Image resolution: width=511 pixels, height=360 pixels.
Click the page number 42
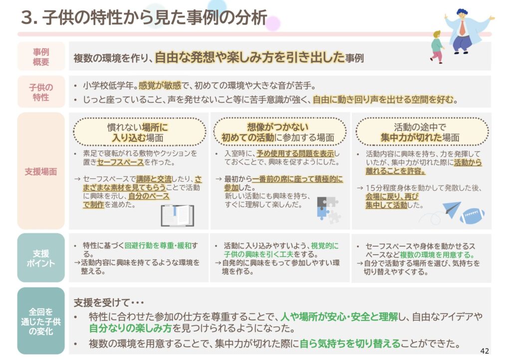coord(484,351)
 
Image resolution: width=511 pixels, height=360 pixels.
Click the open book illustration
coord(178,215)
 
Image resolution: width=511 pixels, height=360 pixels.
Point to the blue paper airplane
coord(452,209)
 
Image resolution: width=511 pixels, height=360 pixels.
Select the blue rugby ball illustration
coord(472,216)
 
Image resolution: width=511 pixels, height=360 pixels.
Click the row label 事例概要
coord(41,57)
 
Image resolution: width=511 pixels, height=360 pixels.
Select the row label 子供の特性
coord(41,92)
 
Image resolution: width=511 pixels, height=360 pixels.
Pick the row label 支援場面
coord(41,172)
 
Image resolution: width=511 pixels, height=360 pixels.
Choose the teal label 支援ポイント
coord(41,258)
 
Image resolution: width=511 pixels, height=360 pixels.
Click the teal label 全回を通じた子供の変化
coord(41,322)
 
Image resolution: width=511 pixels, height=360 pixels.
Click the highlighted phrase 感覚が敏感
coord(160,86)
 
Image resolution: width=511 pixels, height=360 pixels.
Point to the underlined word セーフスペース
coord(120,162)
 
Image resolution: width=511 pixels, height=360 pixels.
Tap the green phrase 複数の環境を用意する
coord(437,255)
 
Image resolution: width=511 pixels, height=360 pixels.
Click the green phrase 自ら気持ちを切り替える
coord(350,344)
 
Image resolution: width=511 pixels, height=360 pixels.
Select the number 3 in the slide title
coord(27,18)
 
